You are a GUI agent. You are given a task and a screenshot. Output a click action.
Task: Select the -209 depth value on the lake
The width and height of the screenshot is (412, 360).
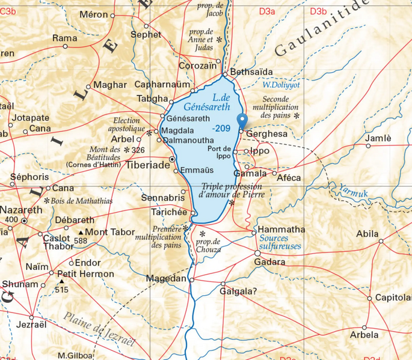(221, 128)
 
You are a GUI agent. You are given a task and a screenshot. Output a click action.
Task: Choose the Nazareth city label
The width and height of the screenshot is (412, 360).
(21, 210)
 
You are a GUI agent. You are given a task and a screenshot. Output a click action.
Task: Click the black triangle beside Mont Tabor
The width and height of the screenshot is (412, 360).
(81, 233)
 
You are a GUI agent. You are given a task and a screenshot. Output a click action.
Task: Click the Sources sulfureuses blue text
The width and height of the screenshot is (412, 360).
(280, 242)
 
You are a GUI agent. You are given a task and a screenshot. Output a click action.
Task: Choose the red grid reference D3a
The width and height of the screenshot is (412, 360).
(266, 11)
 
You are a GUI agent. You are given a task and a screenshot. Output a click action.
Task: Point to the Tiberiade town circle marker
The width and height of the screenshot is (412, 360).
(173, 159)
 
